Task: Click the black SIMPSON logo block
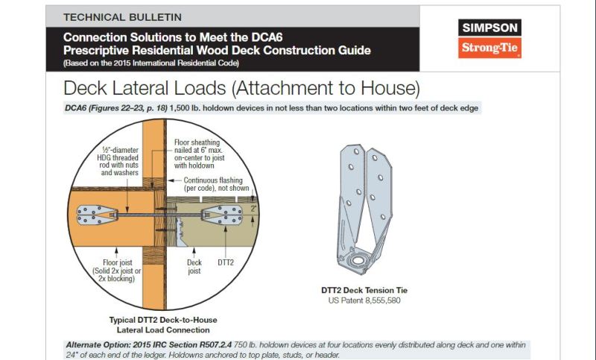489,28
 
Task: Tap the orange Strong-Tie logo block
489,48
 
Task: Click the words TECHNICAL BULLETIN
122,17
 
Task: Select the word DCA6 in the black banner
267,37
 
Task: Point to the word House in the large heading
388,88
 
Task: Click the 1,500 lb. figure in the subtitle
185,108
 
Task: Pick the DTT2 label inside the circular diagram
226,262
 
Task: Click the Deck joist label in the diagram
194,267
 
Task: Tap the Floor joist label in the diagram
117,271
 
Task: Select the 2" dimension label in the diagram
253,208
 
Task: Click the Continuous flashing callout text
216,184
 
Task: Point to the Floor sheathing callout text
199,154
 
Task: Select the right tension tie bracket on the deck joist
222,215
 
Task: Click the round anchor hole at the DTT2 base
358,261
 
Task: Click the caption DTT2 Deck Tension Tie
364,290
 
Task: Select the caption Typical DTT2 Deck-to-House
163,320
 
